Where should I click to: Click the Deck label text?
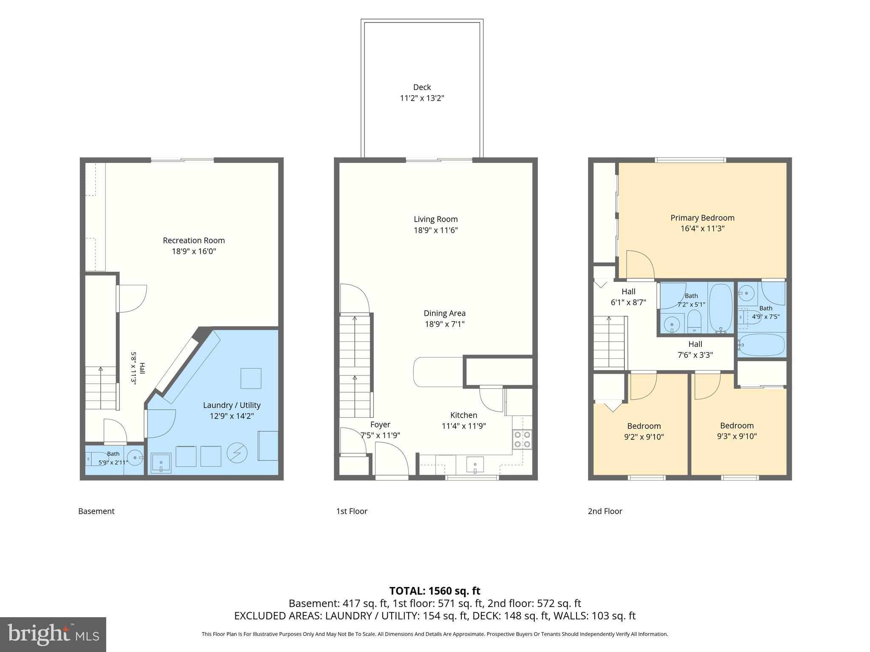422,87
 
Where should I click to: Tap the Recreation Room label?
194,240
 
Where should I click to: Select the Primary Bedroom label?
702,218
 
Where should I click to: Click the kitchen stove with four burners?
522,439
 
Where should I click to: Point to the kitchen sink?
475,465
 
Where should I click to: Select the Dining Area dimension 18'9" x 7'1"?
444,324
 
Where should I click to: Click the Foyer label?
380,424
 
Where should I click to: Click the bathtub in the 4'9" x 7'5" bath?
762,344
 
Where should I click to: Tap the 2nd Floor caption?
605,511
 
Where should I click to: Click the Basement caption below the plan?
96,511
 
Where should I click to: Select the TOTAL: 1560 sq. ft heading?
435,591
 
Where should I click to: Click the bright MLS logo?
53,635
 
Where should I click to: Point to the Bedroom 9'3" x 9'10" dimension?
737,436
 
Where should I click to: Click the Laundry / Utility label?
232,405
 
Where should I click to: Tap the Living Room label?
436,219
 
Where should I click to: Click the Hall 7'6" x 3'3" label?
695,349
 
